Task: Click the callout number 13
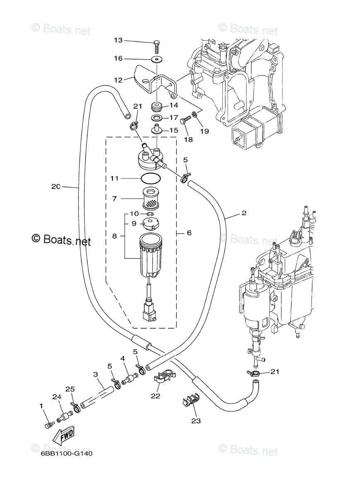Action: (118, 40)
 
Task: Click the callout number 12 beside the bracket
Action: (118, 80)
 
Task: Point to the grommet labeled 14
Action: (157, 107)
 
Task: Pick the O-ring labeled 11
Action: (151, 178)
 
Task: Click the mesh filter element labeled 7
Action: (151, 198)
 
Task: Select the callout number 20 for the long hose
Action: (56, 186)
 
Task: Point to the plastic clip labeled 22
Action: (165, 377)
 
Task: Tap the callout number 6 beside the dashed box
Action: (189, 233)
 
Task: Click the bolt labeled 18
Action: (185, 120)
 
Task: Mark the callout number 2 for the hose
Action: (244, 213)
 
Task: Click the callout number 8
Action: (114, 236)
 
